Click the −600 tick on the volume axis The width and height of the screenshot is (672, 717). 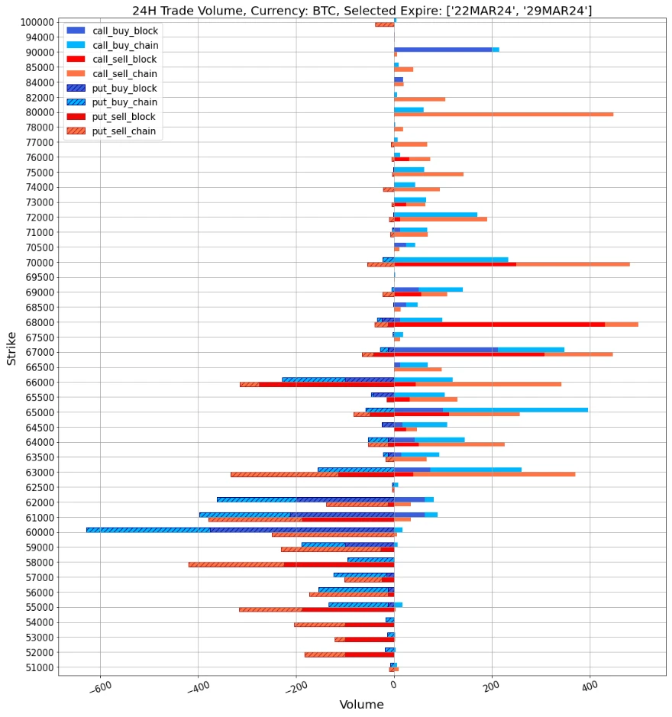tap(99, 686)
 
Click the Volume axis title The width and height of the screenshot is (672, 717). tap(362, 705)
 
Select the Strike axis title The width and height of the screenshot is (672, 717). tap(11, 347)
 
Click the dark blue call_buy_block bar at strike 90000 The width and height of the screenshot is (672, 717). tap(443, 50)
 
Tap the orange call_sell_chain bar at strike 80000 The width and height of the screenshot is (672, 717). tap(504, 115)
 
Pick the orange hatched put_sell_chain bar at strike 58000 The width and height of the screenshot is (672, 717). tap(236, 565)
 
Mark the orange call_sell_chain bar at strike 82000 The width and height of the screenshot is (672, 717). tap(420, 99)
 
